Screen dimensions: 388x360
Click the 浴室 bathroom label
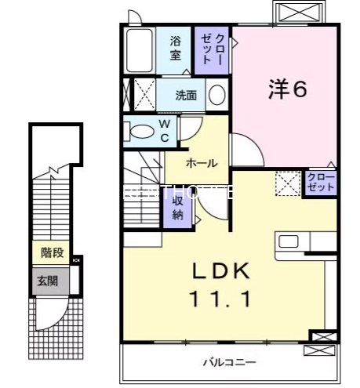click(x=176, y=49)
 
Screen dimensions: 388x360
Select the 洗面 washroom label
click(x=186, y=96)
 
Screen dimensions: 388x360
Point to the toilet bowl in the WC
click(x=142, y=131)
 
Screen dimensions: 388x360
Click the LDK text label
click(x=221, y=272)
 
